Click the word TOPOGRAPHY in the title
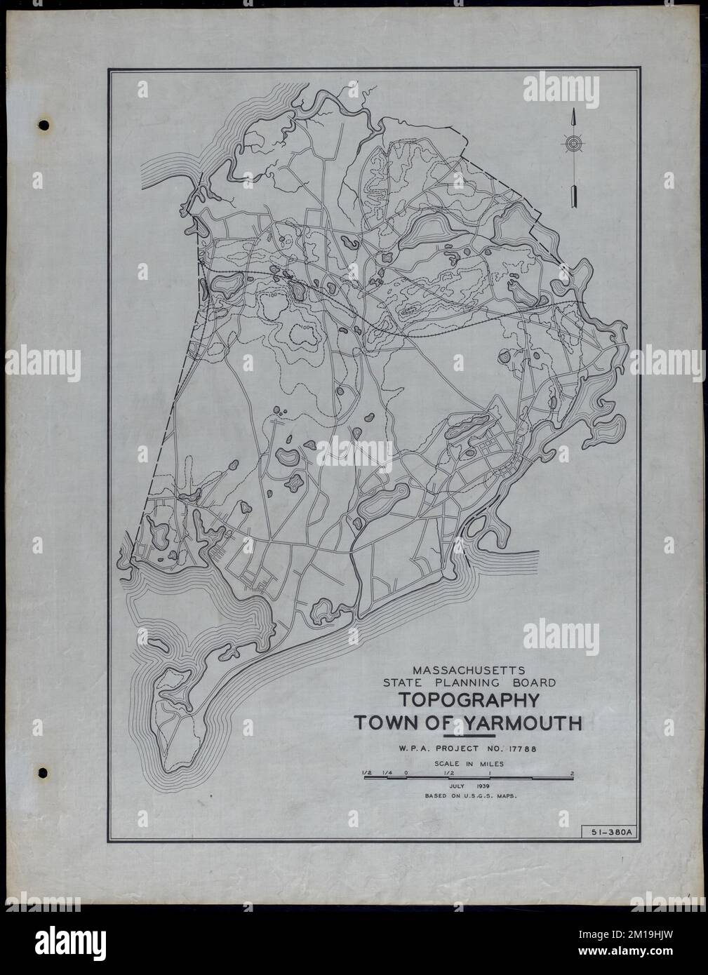pos(469,701)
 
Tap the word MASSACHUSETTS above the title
pos(468,669)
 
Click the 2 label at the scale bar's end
pos(573,773)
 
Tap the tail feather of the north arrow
pos(574,196)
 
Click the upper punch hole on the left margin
pos(44,126)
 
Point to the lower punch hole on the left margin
pos(44,774)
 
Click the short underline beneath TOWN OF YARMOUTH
pos(475,736)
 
